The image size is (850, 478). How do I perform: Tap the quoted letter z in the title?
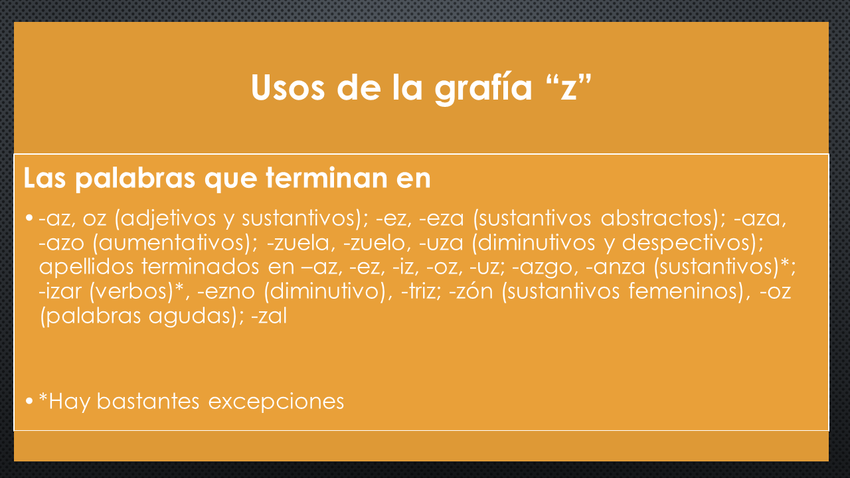coord(568,88)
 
